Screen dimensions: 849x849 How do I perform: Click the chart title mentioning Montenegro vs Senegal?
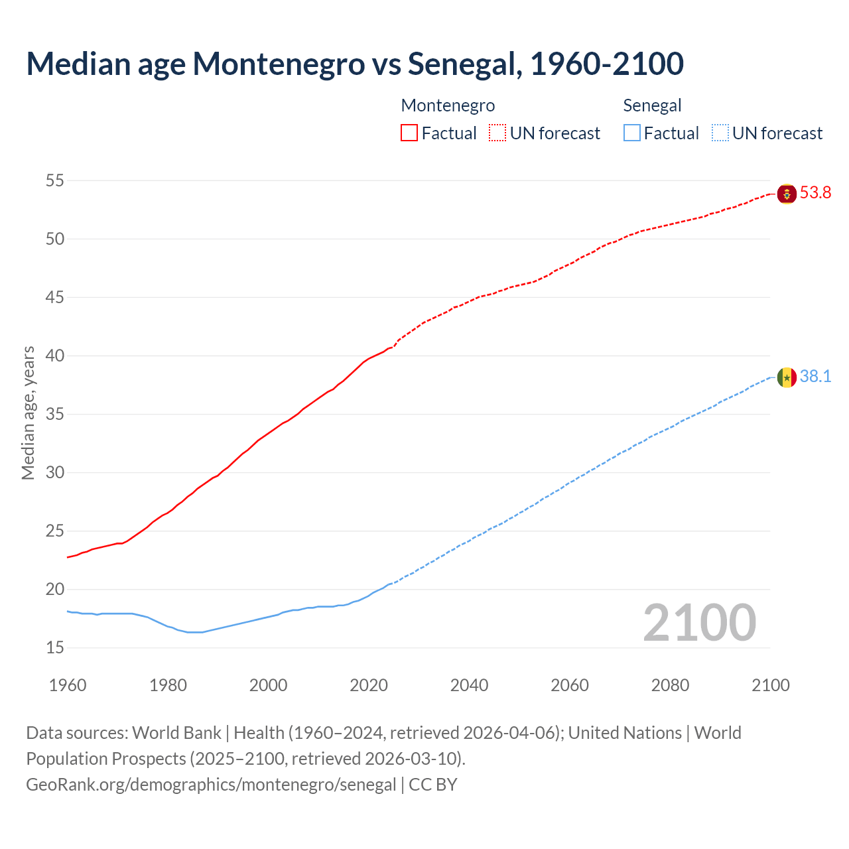pyautogui.click(x=355, y=64)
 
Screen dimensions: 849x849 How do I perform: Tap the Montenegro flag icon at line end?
pyautogui.click(x=787, y=194)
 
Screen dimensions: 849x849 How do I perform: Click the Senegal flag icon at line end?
pyautogui.click(x=787, y=377)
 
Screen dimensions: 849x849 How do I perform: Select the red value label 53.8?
pyautogui.click(x=815, y=193)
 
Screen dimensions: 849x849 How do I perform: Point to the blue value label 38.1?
pyautogui.click(x=815, y=377)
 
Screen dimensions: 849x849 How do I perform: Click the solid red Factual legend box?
pyautogui.click(x=409, y=133)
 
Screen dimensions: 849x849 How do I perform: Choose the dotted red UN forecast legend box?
pyautogui.click(x=497, y=133)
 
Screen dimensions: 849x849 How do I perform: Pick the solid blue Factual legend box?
pyautogui.click(x=632, y=133)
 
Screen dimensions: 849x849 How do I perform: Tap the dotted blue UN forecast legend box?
pyautogui.click(x=720, y=133)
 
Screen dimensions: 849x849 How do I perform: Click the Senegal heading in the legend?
pyautogui.click(x=652, y=105)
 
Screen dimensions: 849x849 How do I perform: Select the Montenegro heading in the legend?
pyautogui.click(x=448, y=105)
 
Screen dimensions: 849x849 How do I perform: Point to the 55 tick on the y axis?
pyautogui.click(x=55, y=180)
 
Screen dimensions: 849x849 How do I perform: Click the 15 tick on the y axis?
pyautogui.click(x=55, y=647)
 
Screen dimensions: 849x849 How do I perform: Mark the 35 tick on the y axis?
pyautogui.click(x=55, y=414)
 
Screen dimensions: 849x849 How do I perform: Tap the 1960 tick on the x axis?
pyautogui.click(x=68, y=685)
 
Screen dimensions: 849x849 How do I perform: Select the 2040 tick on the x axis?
pyautogui.click(x=469, y=685)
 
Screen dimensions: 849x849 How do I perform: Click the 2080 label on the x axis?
pyautogui.click(x=670, y=685)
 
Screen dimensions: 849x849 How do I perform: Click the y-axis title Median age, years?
pyautogui.click(x=28, y=413)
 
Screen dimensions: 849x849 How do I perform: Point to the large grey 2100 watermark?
pyautogui.click(x=699, y=623)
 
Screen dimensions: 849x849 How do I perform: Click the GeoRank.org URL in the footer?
pyautogui.click(x=211, y=785)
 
